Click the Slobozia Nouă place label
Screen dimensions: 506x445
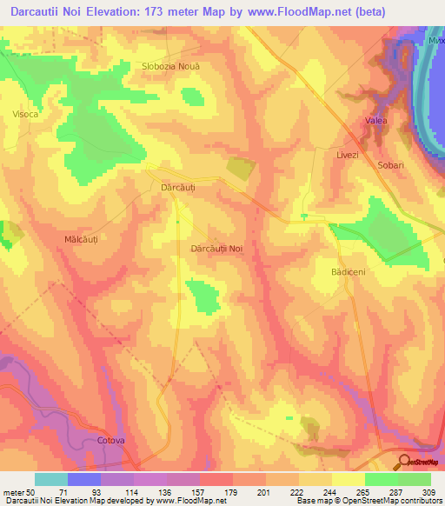170,66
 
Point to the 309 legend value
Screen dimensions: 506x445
429,492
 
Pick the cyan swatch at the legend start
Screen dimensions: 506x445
51,479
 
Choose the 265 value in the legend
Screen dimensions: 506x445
363,492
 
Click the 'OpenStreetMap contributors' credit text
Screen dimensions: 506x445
394,502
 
